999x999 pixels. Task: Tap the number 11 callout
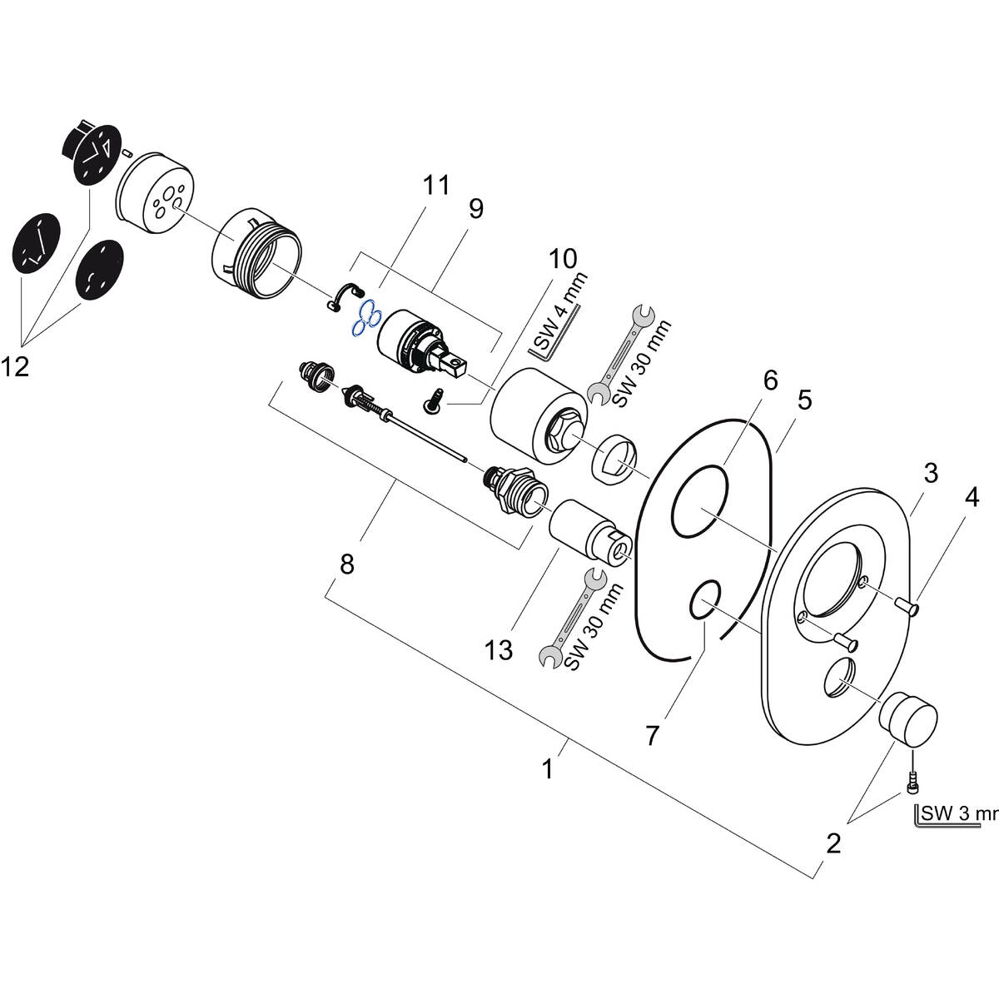point(435,185)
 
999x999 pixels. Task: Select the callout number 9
point(475,208)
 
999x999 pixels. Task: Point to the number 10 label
point(563,259)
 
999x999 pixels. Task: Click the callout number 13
point(499,649)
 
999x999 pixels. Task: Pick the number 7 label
point(652,735)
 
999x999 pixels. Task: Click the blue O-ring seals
point(365,321)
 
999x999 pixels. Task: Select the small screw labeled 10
point(433,402)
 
